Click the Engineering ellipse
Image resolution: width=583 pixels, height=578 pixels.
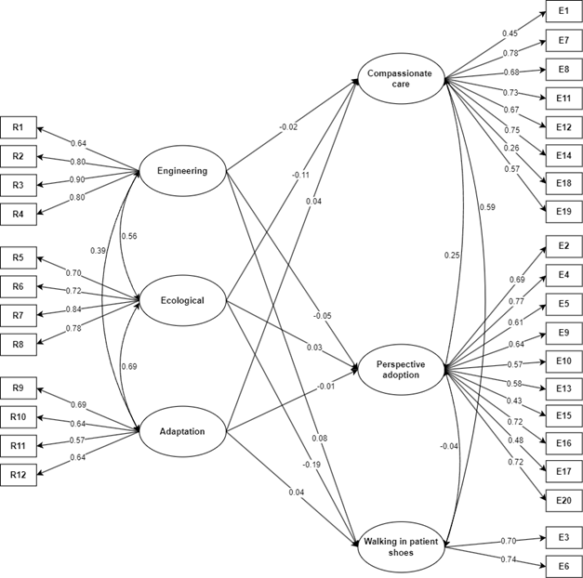pos(182,171)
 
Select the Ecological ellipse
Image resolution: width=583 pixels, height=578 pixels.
pos(182,300)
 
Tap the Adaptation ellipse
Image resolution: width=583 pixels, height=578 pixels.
pos(182,431)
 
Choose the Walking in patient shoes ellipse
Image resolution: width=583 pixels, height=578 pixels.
pos(401,547)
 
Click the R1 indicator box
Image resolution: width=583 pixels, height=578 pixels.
pos(19,127)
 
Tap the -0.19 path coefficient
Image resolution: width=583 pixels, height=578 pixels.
pos(312,465)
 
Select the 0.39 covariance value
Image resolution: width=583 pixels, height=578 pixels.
pos(98,251)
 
